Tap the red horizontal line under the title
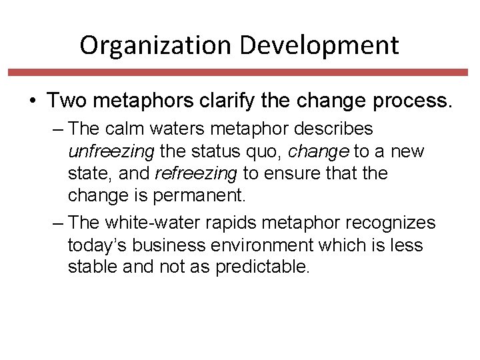(x=240, y=72)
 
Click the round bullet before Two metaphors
(x=32, y=101)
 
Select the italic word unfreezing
(x=109, y=151)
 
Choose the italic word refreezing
(x=196, y=174)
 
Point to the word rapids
(x=224, y=223)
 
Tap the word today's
(x=97, y=245)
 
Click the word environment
(x=255, y=245)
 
